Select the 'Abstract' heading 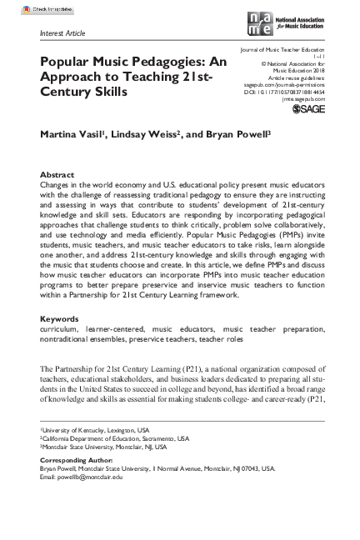[57, 175]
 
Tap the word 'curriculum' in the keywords [61, 306]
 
